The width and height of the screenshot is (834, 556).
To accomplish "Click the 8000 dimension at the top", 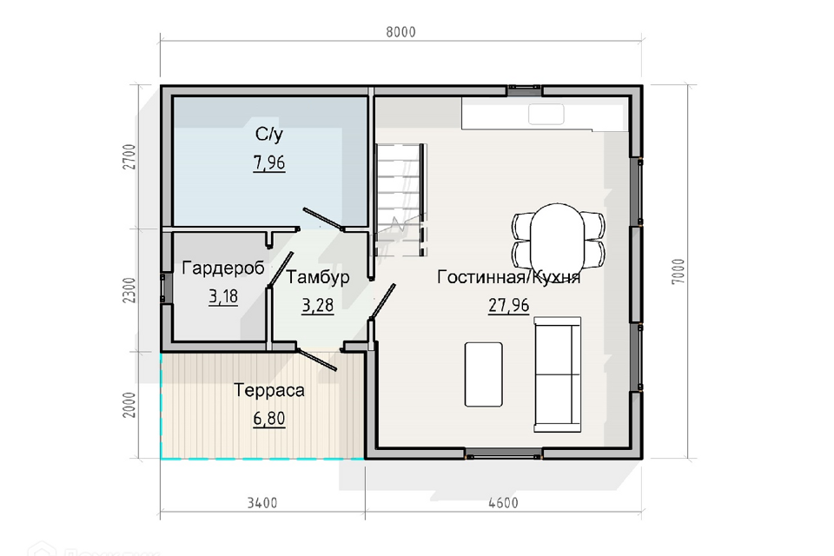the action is (x=400, y=32).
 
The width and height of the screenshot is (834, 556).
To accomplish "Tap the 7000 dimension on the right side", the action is (x=678, y=271).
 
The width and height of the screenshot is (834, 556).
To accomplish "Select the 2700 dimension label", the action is (x=129, y=157).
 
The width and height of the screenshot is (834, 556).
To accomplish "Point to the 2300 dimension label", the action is (x=129, y=290).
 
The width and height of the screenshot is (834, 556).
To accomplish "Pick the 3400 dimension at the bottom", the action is (x=262, y=503).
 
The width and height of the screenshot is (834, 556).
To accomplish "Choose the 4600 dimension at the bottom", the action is (x=503, y=503).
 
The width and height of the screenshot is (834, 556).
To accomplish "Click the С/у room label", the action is (x=269, y=134).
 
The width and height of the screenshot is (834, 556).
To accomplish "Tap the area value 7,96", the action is (x=269, y=162).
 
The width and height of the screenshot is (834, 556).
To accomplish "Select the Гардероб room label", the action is (x=223, y=268).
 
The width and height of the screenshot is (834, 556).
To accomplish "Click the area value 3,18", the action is (x=223, y=296).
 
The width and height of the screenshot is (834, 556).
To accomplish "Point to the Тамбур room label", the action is (x=318, y=277).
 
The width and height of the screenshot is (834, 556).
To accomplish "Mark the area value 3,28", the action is (x=318, y=306).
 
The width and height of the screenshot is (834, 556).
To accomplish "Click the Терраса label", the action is (x=269, y=390).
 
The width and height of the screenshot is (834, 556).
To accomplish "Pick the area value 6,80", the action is (x=269, y=419).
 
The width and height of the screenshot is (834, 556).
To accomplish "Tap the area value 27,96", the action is (x=508, y=306).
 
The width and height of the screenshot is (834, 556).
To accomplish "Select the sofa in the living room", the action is (x=558, y=374).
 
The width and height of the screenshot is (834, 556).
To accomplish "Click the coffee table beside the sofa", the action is (x=484, y=374).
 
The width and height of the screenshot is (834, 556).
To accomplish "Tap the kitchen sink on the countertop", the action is (x=546, y=115).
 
